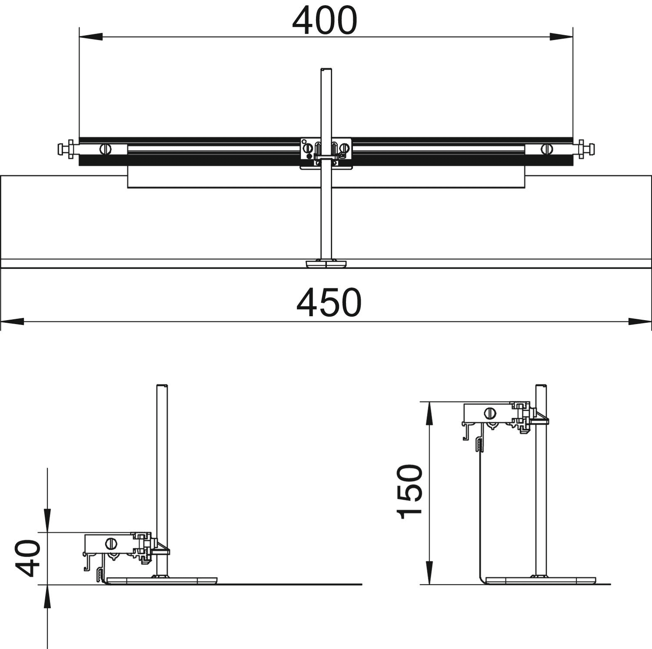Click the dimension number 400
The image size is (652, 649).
click(325, 21)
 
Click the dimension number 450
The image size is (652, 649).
click(329, 302)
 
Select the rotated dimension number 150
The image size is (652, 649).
click(409, 492)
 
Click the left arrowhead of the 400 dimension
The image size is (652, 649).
click(90, 37)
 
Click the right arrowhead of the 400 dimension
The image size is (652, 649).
click(561, 37)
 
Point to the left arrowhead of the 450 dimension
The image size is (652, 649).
click(12, 321)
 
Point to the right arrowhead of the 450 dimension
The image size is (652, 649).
click(640, 321)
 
